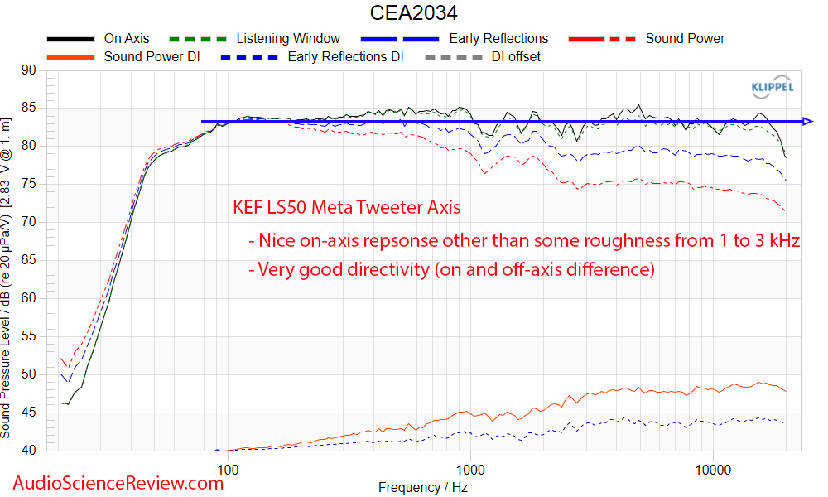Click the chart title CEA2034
click(413, 13)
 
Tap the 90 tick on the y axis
click(28, 70)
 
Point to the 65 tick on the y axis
click(28, 260)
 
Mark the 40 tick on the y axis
click(28, 451)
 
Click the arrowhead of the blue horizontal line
click(808, 121)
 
